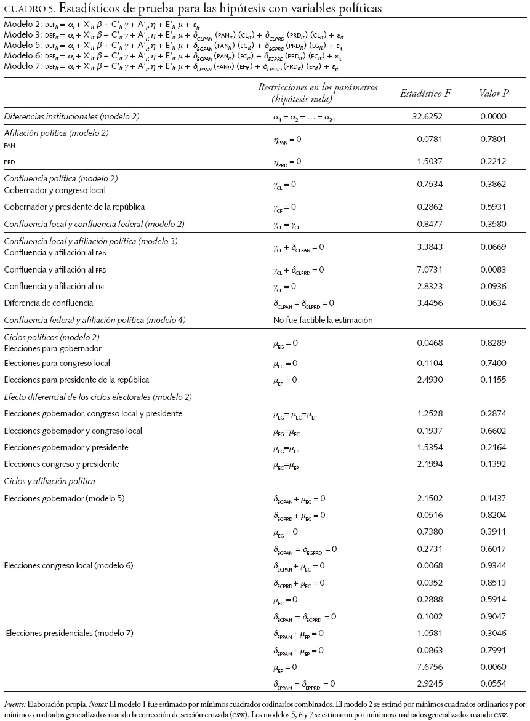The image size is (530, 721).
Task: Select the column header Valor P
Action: (x=494, y=94)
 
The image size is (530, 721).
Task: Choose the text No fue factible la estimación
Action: (x=323, y=320)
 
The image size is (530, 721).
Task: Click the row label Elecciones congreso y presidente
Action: (x=62, y=464)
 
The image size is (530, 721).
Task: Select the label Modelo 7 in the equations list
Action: (x=21, y=66)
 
